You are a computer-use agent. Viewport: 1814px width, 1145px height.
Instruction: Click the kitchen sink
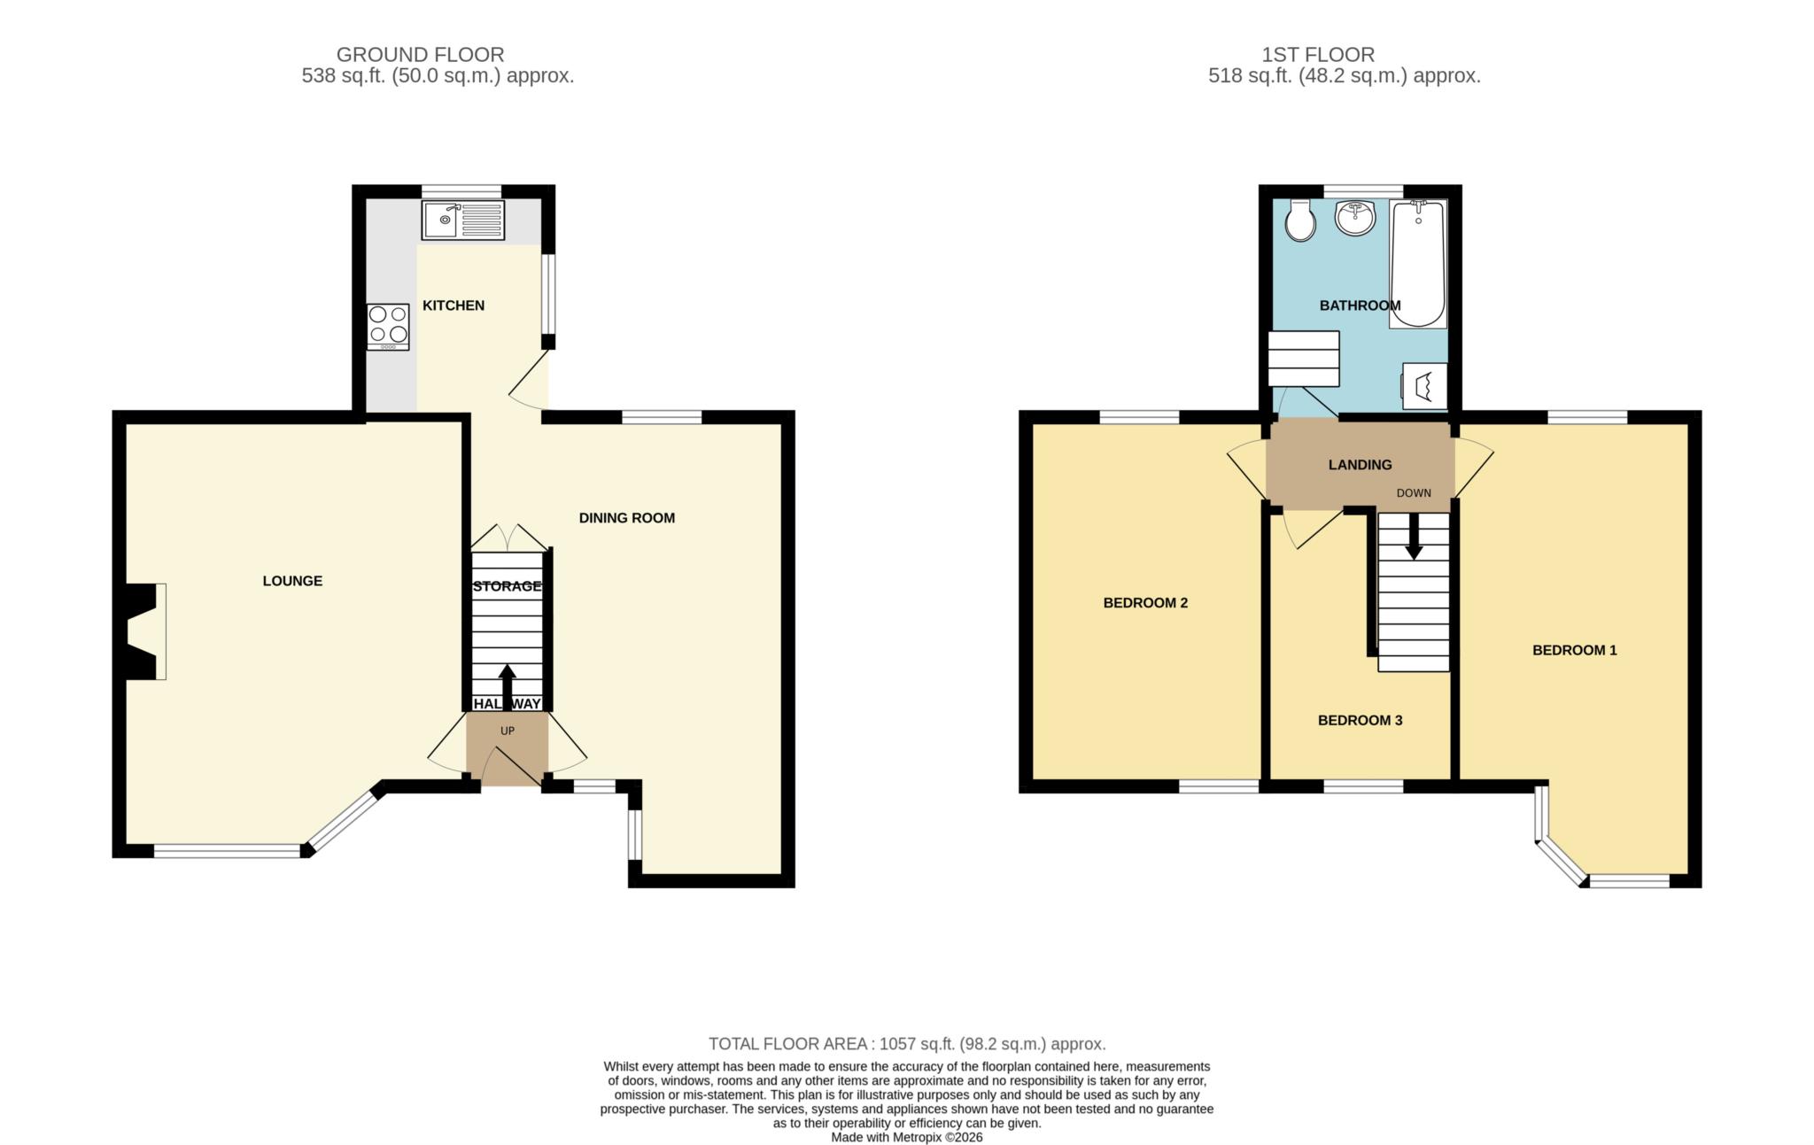(x=463, y=220)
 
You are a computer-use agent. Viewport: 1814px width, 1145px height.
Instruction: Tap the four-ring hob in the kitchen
(x=388, y=327)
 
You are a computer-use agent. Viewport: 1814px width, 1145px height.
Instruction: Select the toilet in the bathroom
(x=1300, y=220)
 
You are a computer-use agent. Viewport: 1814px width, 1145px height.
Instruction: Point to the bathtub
(x=1418, y=264)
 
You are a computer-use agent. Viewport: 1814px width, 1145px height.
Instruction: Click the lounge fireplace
(x=142, y=631)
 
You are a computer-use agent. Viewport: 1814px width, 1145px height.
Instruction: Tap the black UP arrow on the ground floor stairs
(x=508, y=688)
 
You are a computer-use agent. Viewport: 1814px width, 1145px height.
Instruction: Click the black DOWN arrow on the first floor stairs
(x=1414, y=537)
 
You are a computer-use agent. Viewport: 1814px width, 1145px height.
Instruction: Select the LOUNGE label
(x=292, y=581)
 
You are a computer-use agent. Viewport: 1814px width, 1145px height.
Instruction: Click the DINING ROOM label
(x=627, y=518)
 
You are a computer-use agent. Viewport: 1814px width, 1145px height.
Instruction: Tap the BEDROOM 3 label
(x=1360, y=721)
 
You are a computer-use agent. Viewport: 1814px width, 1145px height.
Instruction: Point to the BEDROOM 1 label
(x=1575, y=650)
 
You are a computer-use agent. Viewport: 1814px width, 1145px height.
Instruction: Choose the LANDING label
(x=1360, y=465)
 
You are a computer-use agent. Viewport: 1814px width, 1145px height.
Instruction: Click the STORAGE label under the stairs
(x=507, y=586)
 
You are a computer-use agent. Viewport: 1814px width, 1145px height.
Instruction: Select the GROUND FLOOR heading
(x=420, y=55)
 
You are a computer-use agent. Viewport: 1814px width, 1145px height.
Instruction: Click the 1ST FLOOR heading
(x=1318, y=55)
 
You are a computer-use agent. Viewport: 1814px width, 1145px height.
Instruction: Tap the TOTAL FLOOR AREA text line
(x=907, y=1044)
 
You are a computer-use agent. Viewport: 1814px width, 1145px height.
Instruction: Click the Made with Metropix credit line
(x=907, y=1137)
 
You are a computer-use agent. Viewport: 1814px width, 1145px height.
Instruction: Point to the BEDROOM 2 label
(x=1145, y=603)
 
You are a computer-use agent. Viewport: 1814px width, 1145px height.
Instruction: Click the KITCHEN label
(x=453, y=306)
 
